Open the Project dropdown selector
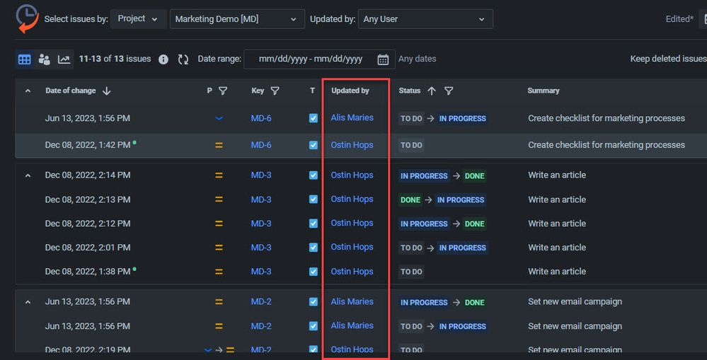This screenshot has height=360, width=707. click(138, 19)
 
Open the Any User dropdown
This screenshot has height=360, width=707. click(425, 19)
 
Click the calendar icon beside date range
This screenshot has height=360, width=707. click(383, 59)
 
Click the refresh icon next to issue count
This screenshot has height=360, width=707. click(183, 59)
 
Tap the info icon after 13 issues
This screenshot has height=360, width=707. click(163, 59)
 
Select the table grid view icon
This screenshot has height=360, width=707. click(25, 59)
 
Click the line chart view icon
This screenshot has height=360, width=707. click(64, 59)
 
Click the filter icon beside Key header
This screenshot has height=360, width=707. click(275, 91)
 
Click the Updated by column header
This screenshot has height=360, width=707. click(350, 91)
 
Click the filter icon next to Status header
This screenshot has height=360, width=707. click(449, 91)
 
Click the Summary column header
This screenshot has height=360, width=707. click(544, 91)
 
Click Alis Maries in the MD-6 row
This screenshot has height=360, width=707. click(352, 118)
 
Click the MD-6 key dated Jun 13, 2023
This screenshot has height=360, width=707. click(261, 118)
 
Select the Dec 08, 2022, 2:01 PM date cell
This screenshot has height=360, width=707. click(88, 248)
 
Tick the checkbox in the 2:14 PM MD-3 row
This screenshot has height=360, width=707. click(314, 175)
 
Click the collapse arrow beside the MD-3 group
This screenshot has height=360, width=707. click(28, 175)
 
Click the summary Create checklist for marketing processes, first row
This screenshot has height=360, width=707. click(607, 118)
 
